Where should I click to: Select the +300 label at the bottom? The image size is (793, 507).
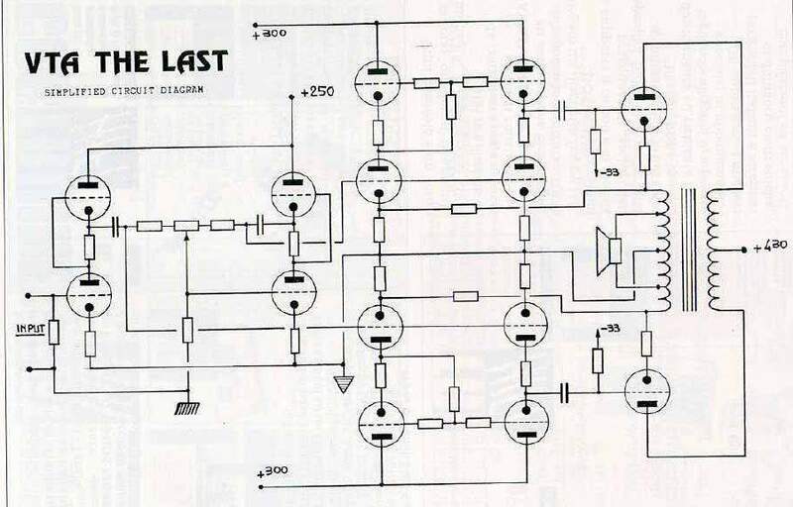coord(273,471)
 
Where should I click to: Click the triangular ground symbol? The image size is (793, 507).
coord(343,384)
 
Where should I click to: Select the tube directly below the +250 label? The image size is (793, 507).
coord(293,191)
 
